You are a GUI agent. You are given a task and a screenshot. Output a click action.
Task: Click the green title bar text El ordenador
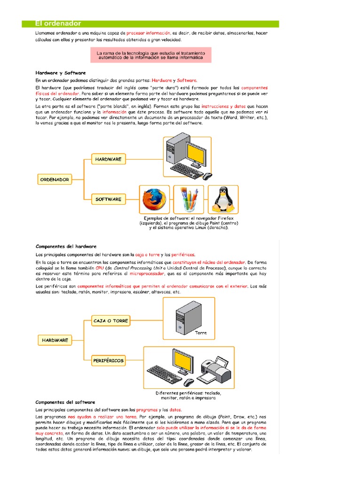pos(58,23)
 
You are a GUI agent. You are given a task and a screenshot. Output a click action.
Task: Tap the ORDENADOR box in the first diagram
pos(55,179)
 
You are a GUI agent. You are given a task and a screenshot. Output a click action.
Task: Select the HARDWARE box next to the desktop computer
pos(108,159)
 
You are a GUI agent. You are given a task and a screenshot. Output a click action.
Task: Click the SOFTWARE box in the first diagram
pos(108,199)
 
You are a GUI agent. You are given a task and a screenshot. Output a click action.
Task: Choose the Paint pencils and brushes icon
pos(188,200)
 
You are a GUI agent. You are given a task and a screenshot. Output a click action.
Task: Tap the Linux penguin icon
pos(223,200)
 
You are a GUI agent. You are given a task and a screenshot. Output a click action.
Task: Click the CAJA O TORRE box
pos(110,321)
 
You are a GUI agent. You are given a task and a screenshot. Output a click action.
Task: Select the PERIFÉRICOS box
pos(109,360)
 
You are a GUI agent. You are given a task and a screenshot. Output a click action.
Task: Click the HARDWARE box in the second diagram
pos(55,340)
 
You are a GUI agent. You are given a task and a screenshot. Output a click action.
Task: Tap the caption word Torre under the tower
pos(201,333)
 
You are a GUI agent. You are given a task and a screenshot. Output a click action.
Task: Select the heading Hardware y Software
pos(61,73)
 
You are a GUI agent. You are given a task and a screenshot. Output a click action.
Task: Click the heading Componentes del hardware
pos(66,246)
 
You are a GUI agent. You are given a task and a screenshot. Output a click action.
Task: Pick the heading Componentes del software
pos(65,402)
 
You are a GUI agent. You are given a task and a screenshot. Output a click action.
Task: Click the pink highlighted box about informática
pos(151,55)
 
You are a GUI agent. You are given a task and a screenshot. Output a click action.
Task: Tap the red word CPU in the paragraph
pos(99,267)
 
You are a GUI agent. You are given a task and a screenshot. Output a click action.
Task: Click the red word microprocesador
pos(147,273)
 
